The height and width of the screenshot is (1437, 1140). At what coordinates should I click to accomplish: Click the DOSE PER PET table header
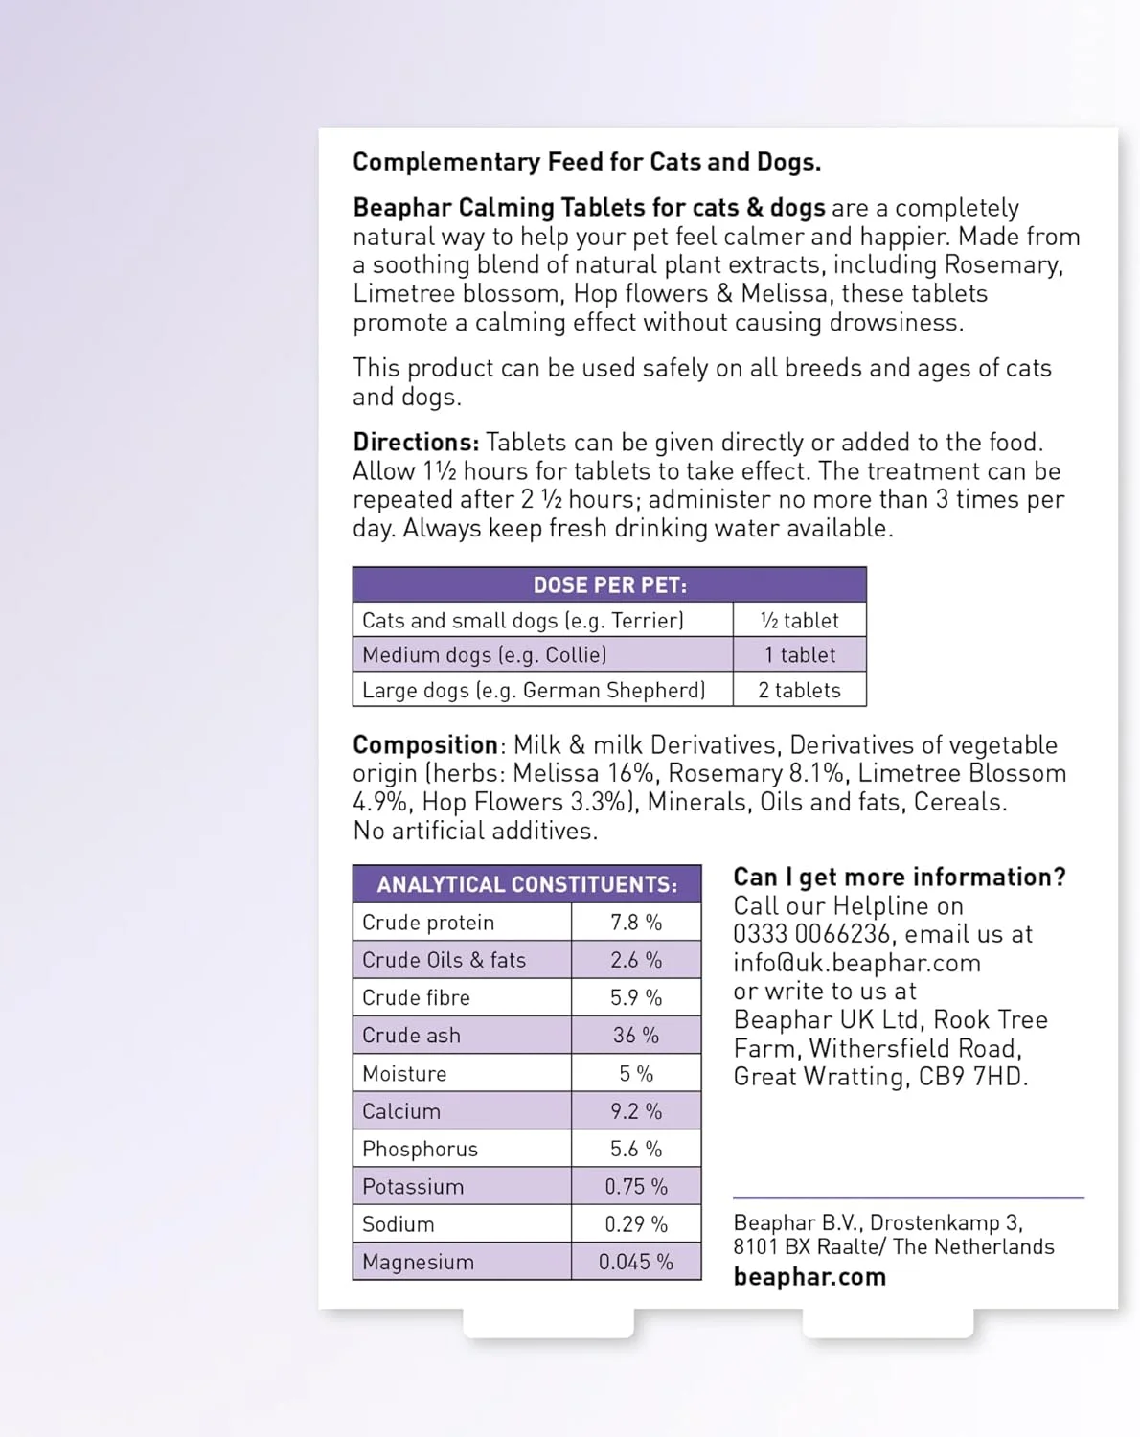(x=609, y=584)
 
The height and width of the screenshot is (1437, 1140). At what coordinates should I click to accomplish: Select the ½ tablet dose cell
(x=799, y=620)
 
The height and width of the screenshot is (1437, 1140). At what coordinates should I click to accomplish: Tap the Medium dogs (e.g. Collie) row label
(x=484, y=655)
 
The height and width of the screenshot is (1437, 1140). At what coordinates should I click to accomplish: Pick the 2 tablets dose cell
(x=799, y=690)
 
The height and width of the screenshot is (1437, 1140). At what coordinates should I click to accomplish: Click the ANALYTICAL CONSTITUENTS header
(x=527, y=884)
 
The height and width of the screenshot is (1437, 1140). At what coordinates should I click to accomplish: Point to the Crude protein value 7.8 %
(x=636, y=922)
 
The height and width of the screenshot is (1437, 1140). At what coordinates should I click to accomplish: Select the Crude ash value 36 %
(x=636, y=1035)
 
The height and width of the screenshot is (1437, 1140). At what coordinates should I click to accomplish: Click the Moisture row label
(x=404, y=1073)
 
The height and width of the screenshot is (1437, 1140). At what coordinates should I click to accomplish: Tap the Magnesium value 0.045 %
(x=636, y=1262)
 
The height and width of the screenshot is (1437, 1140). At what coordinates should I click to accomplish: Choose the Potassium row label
(x=413, y=1186)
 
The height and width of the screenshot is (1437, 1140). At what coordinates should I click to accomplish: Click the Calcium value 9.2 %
(x=636, y=1111)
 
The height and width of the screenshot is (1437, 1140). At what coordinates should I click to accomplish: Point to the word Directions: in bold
(x=416, y=442)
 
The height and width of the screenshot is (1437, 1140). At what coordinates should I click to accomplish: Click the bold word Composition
(x=425, y=744)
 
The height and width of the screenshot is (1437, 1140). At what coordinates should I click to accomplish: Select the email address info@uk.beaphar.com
(x=856, y=963)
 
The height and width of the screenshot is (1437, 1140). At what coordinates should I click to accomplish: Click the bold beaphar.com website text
(x=809, y=1276)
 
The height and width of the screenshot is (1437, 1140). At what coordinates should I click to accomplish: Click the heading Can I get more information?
(x=899, y=877)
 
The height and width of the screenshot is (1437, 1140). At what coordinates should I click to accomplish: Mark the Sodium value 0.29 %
(x=636, y=1223)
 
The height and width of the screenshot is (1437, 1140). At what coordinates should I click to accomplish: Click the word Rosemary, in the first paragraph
(x=1003, y=264)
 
